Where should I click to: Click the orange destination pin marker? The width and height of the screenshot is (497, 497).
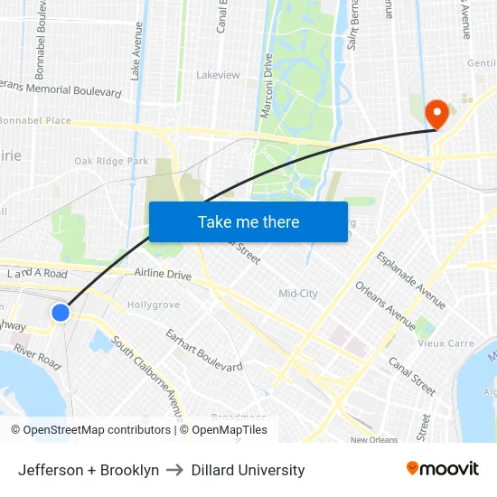tap(437, 113)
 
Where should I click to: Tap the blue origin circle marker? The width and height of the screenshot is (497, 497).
tap(61, 313)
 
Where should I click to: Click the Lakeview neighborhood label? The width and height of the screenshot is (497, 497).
tap(219, 75)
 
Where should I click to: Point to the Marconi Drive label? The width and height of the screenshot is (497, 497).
tap(267, 76)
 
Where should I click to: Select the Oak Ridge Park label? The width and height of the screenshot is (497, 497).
tap(111, 161)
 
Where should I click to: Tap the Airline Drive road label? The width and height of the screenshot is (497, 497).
tap(163, 274)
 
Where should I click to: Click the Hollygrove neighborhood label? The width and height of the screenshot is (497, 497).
tap(153, 305)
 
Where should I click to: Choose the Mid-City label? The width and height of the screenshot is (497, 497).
tap(298, 294)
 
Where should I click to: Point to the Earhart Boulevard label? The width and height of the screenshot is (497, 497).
tap(204, 350)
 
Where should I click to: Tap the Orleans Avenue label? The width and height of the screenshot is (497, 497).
tap(386, 305)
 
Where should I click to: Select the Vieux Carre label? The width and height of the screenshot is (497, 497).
tap(445, 343)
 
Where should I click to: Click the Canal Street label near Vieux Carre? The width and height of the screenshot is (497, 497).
tap(412, 375)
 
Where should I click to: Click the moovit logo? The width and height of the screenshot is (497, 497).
tap(443, 469)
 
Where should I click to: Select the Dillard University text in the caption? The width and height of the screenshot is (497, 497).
tap(248, 470)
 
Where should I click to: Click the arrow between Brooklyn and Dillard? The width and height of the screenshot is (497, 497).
tap(175, 470)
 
